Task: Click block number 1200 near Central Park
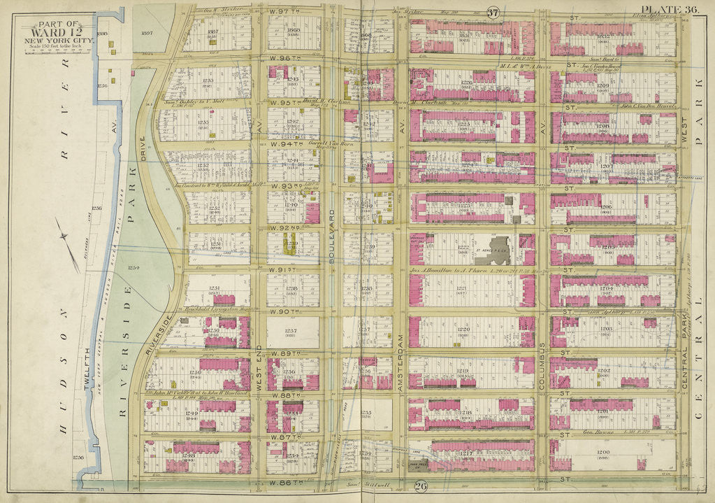tap(603, 453)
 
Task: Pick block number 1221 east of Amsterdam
tap(462, 288)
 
